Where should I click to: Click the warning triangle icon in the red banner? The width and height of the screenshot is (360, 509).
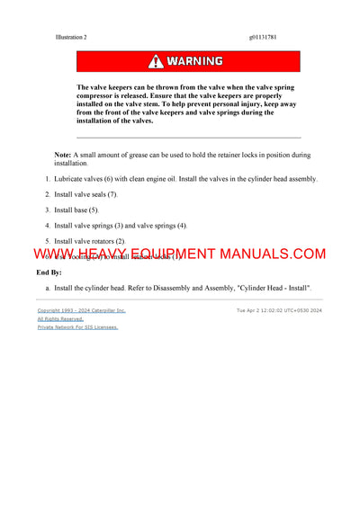[x=157, y=61]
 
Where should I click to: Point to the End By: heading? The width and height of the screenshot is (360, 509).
[x=49, y=271]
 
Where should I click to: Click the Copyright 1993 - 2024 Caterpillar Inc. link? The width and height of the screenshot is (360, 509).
[x=81, y=310]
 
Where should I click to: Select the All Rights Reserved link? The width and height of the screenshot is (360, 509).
[x=59, y=318]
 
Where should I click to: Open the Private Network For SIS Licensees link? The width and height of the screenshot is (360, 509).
[x=77, y=327]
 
